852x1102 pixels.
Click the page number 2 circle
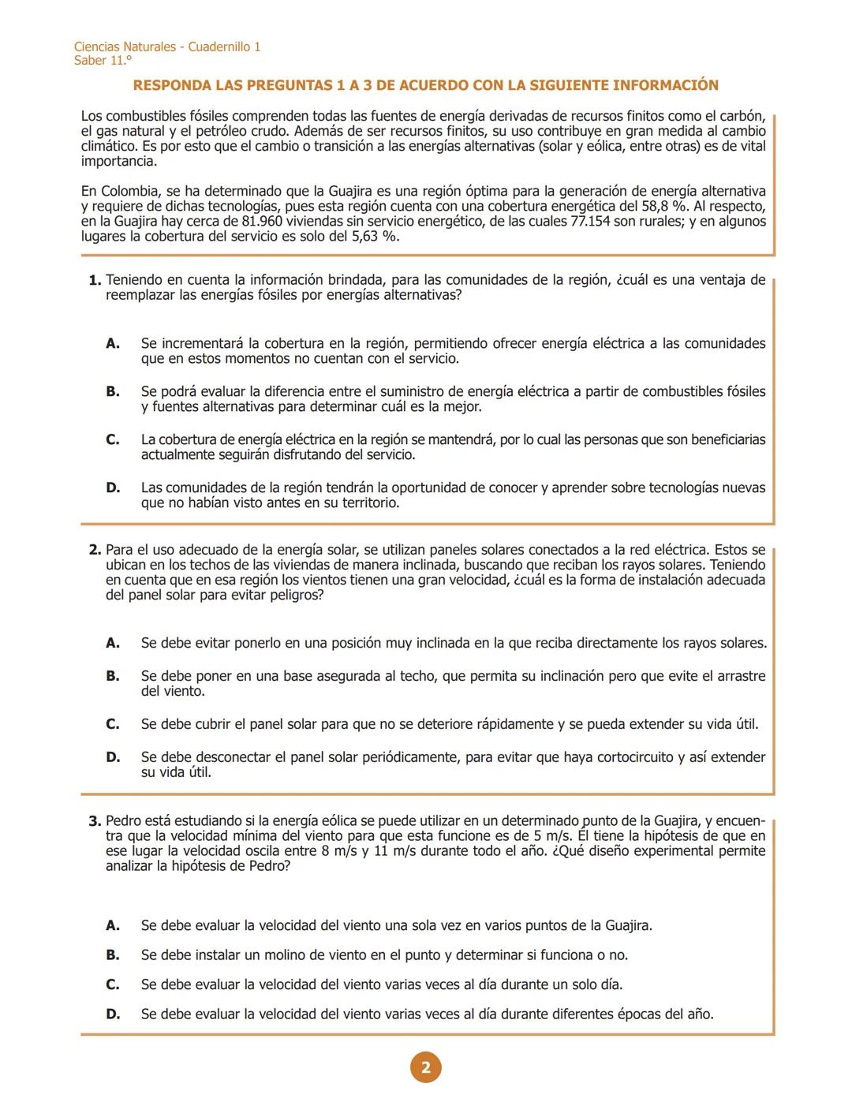click(426, 1067)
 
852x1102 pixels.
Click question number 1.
click(95, 280)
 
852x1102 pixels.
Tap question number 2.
click(95, 550)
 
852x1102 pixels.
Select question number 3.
click(95, 821)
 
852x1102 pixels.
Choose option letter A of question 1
click(113, 344)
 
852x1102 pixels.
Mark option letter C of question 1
click(113, 440)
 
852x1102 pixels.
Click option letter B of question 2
click(113, 676)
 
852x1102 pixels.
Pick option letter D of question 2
click(113, 757)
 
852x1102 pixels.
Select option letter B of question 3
click(113, 955)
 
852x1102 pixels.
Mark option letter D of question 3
click(113, 1014)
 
